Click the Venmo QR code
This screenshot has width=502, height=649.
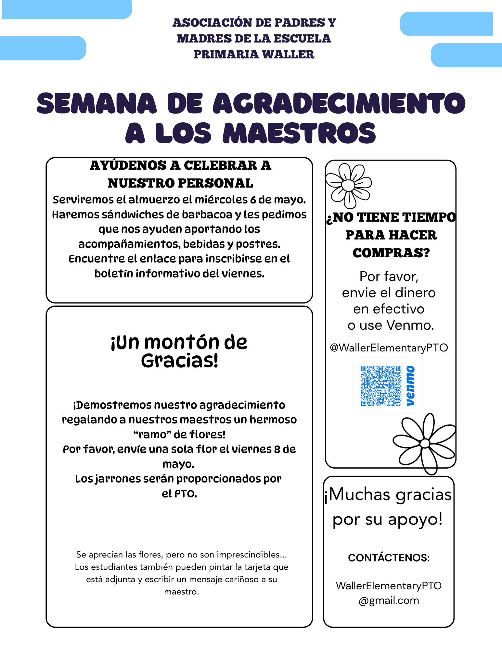click(381, 386)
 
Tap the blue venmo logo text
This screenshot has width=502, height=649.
click(410, 386)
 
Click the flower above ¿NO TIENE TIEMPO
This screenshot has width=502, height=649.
click(349, 185)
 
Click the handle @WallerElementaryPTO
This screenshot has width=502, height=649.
click(389, 348)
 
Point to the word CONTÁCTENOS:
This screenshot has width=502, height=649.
click(389, 558)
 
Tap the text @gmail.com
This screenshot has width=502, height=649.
click(389, 601)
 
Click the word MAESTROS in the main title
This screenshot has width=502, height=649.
click(299, 133)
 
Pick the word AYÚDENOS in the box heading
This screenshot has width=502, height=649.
click(128, 165)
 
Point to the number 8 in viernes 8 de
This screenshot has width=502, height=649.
click(277, 449)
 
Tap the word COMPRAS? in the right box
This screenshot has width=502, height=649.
click(391, 253)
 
